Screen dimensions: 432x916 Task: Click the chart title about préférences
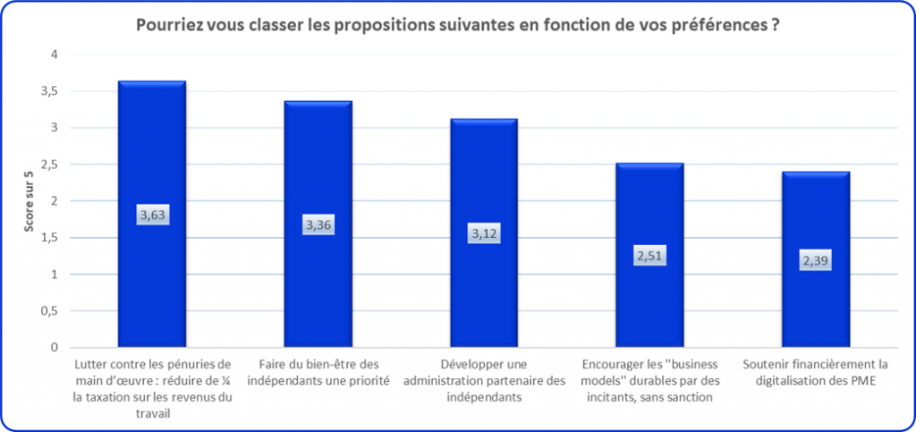coord(455,26)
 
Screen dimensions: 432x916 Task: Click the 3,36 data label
coord(318,225)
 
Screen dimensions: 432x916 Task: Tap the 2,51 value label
coord(649,256)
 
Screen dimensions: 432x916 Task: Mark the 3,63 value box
coord(152,215)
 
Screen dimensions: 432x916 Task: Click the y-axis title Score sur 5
coord(30,200)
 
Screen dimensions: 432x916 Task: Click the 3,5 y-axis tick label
coord(49,91)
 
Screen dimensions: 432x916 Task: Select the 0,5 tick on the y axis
coord(49,311)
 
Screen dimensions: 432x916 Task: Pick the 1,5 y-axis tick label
coord(49,238)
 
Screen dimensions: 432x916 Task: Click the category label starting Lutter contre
coord(152,389)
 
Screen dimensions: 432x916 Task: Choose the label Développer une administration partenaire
coord(483,381)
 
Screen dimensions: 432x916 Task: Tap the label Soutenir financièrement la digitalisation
coord(815,373)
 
